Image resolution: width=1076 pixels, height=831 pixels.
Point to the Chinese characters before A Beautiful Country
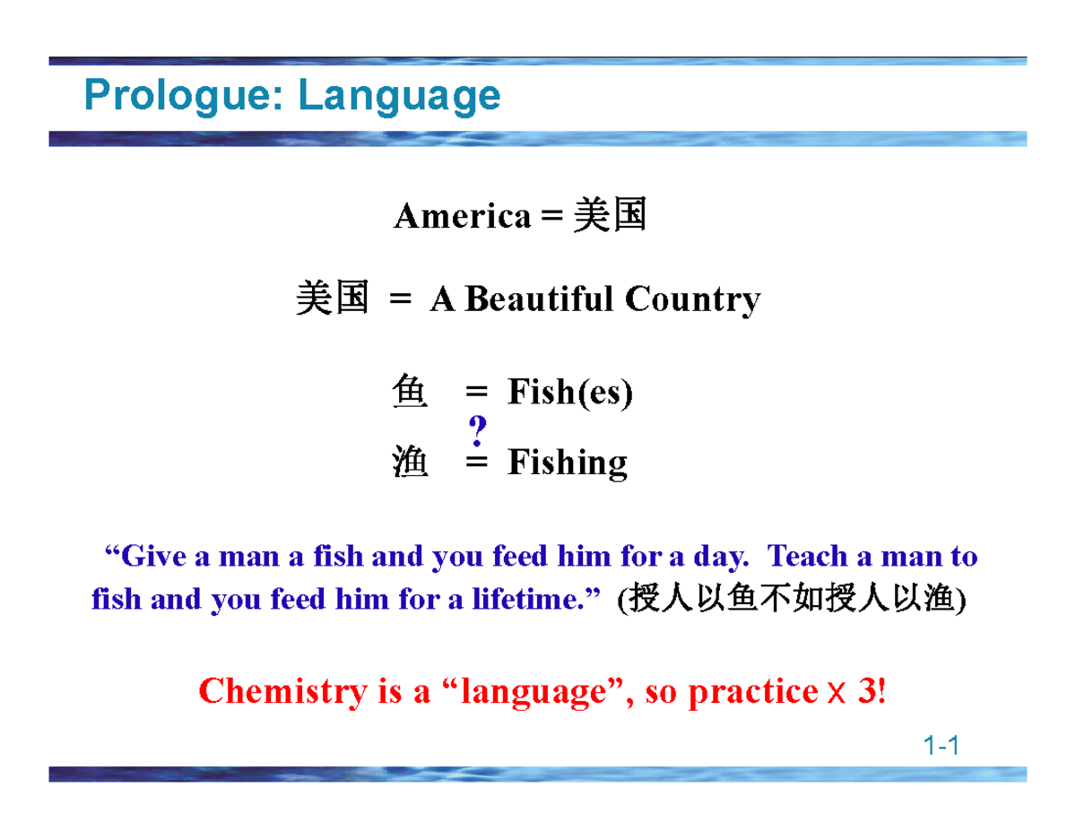pyautogui.click(x=332, y=299)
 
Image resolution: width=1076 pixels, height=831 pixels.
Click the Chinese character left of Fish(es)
pyautogui.click(x=411, y=393)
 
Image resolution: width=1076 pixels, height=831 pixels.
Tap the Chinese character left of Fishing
pyautogui.click(x=411, y=463)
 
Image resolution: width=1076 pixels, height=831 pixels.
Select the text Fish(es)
pyautogui.click(x=569, y=393)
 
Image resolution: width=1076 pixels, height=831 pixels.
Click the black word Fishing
pyautogui.click(x=567, y=463)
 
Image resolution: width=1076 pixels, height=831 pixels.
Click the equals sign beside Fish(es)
pyautogui.click(x=476, y=393)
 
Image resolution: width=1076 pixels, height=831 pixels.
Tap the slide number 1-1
pyautogui.click(x=941, y=745)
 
